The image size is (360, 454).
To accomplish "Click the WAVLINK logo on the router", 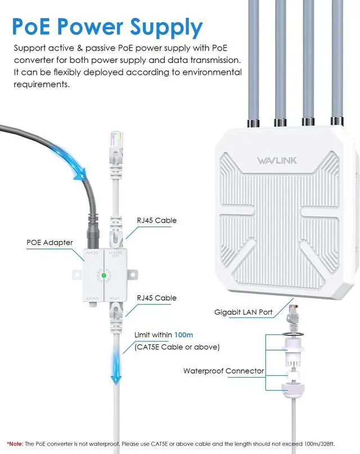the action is [x=273, y=161].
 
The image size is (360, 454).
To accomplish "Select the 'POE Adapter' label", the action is [x=49, y=243].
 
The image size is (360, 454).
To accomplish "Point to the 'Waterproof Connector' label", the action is [x=223, y=371].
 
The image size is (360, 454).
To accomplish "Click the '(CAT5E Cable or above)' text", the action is [x=177, y=347].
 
